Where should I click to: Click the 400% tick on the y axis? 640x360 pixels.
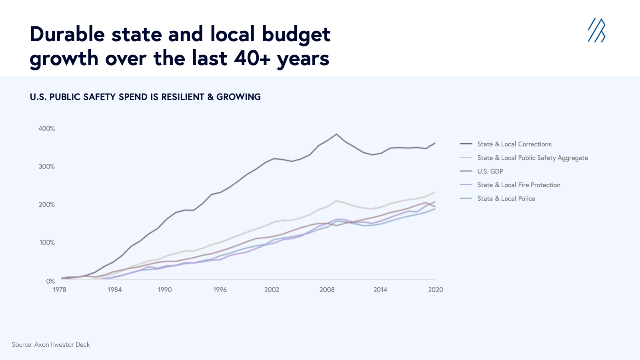point(46,128)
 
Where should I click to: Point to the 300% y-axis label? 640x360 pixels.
point(46,166)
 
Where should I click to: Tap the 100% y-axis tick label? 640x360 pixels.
point(47,242)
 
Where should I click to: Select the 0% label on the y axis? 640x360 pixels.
point(50,281)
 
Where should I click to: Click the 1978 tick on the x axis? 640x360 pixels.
point(60,290)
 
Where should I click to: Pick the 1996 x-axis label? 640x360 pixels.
point(220,290)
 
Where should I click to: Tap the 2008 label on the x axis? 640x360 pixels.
point(327,290)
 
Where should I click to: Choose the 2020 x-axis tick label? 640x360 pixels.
point(436,290)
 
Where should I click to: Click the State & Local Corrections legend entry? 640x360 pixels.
point(506,144)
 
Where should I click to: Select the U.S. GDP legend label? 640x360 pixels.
point(482,171)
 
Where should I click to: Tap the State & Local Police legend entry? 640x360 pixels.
point(498,198)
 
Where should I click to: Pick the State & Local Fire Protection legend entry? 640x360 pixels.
point(510,185)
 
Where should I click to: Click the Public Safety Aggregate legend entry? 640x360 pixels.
point(524,158)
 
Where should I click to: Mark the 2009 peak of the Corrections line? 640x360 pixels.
point(336,134)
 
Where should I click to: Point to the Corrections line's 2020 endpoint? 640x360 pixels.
point(435,143)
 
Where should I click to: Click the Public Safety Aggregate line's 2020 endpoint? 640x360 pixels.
point(435,192)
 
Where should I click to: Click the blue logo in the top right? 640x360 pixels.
point(597,30)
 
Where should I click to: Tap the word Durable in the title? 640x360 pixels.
point(68,34)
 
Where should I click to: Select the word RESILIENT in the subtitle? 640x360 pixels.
point(182,97)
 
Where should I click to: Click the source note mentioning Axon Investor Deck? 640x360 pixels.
point(51,344)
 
